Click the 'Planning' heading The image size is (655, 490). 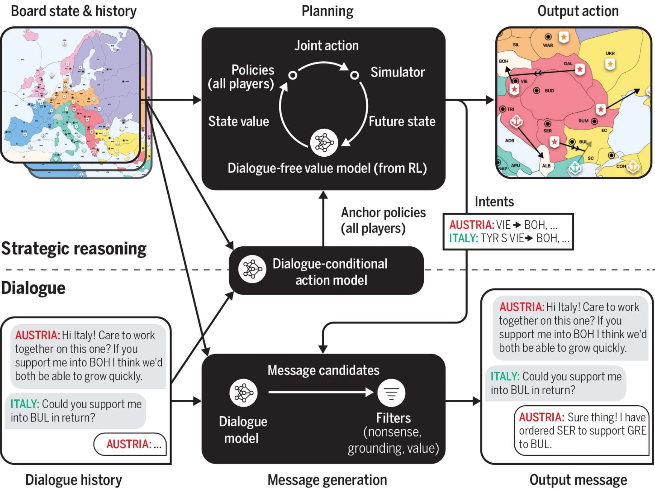tap(327, 11)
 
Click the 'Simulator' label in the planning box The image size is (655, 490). tap(397, 72)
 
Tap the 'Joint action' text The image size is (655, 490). tap(326, 46)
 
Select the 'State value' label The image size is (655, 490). tap(238, 121)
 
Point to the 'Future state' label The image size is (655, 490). tap(402, 121)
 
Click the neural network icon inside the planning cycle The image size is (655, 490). tap(324, 143)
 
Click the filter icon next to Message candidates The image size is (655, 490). tap(391, 393)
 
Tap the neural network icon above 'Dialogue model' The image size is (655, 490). tap(243, 393)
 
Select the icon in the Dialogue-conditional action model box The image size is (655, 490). tap(252, 269)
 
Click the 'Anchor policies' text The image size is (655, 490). tap(383, 213)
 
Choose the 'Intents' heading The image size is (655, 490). tap(494, 202)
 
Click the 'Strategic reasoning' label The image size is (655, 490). tap(74, 249)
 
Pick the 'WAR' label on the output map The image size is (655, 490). tap(548, 45)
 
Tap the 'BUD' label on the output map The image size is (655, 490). tap(549, 91)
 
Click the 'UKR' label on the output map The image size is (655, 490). tap(610, 53)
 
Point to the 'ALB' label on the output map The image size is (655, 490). tap(546, 166)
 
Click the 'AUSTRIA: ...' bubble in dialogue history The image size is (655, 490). tap(130, 444)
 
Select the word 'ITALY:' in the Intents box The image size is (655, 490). tap(464, 238)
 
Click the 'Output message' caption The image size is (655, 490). tap(578, 480)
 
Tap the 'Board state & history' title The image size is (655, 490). tap(74, 11)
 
